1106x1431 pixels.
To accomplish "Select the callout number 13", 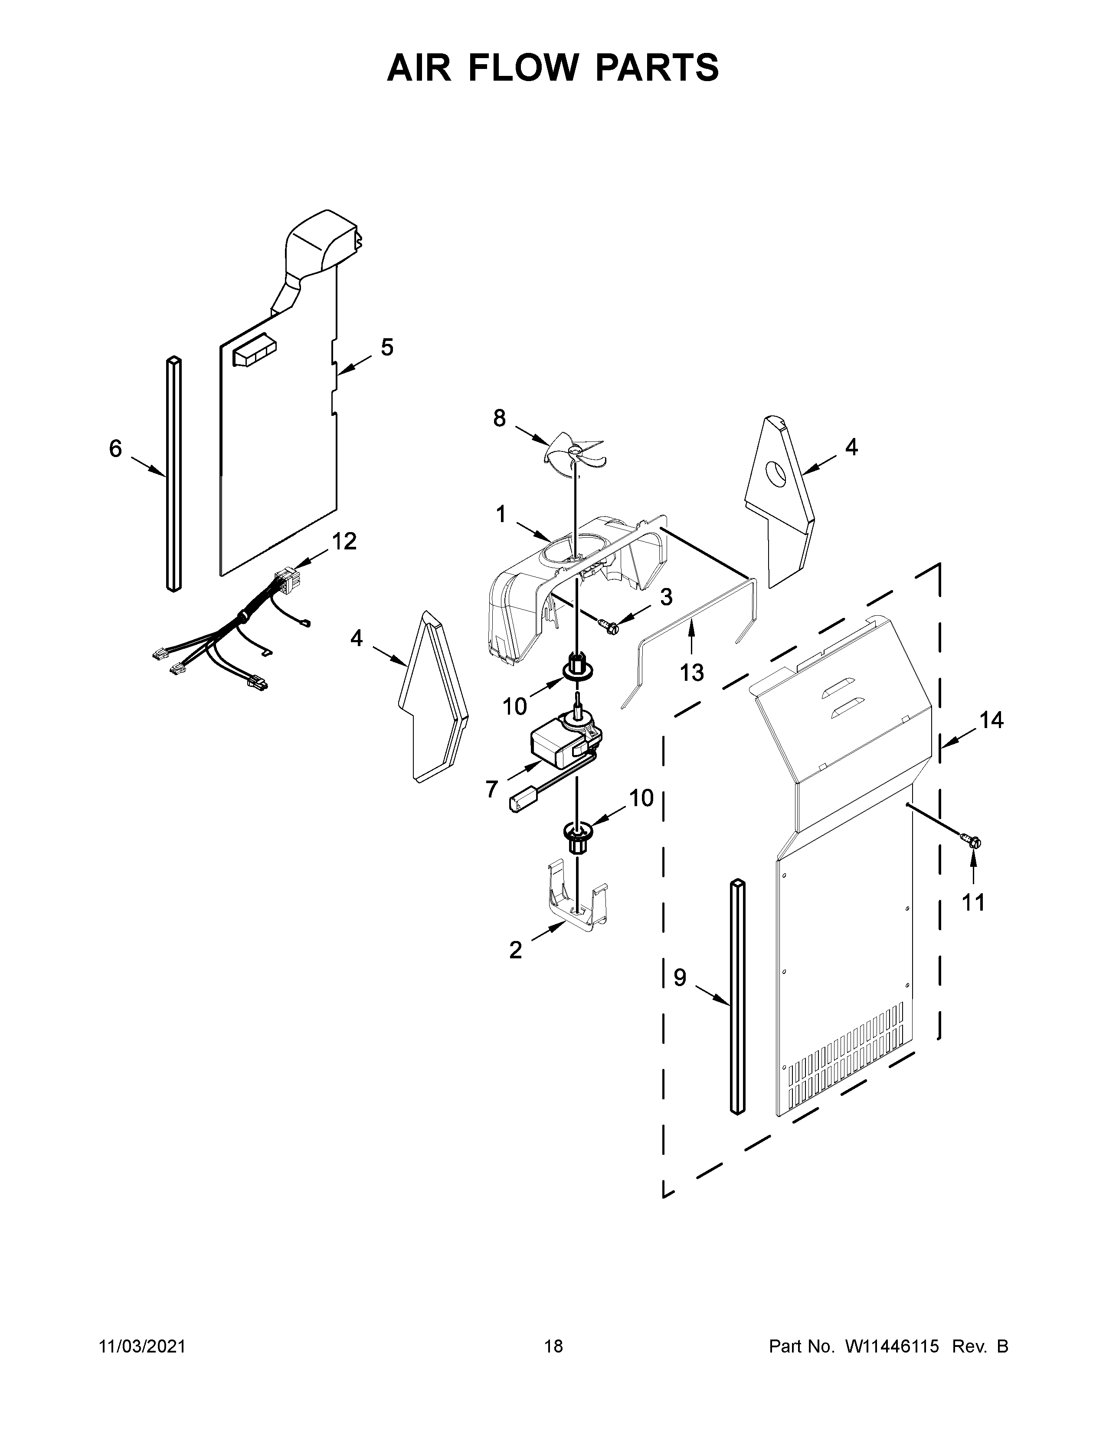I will tap(691, 672).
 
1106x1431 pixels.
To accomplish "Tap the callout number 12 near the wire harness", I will tap(344, 541).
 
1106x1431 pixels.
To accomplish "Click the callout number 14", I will tap(991, 721).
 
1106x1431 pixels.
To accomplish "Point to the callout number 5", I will tap(387, 347).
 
